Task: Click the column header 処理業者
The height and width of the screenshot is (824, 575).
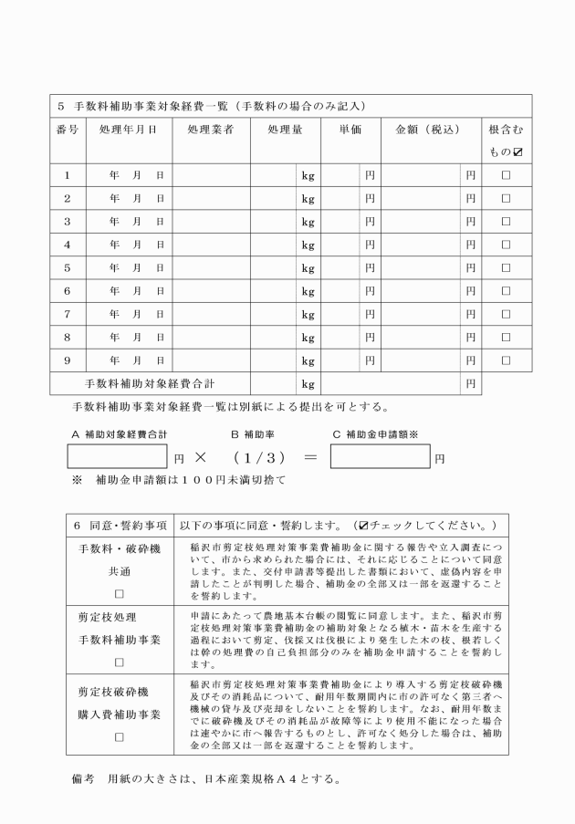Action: point(211,130)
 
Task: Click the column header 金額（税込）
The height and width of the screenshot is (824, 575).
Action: point(425,130)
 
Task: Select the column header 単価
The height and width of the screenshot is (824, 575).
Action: point(350,130)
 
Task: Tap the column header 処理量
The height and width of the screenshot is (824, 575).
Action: point(284,130)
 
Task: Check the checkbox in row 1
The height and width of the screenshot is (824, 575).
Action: point(505,173)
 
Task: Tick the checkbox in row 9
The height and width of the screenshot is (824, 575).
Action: point(505,360)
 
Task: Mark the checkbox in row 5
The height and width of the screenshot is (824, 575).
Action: point(505,267)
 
